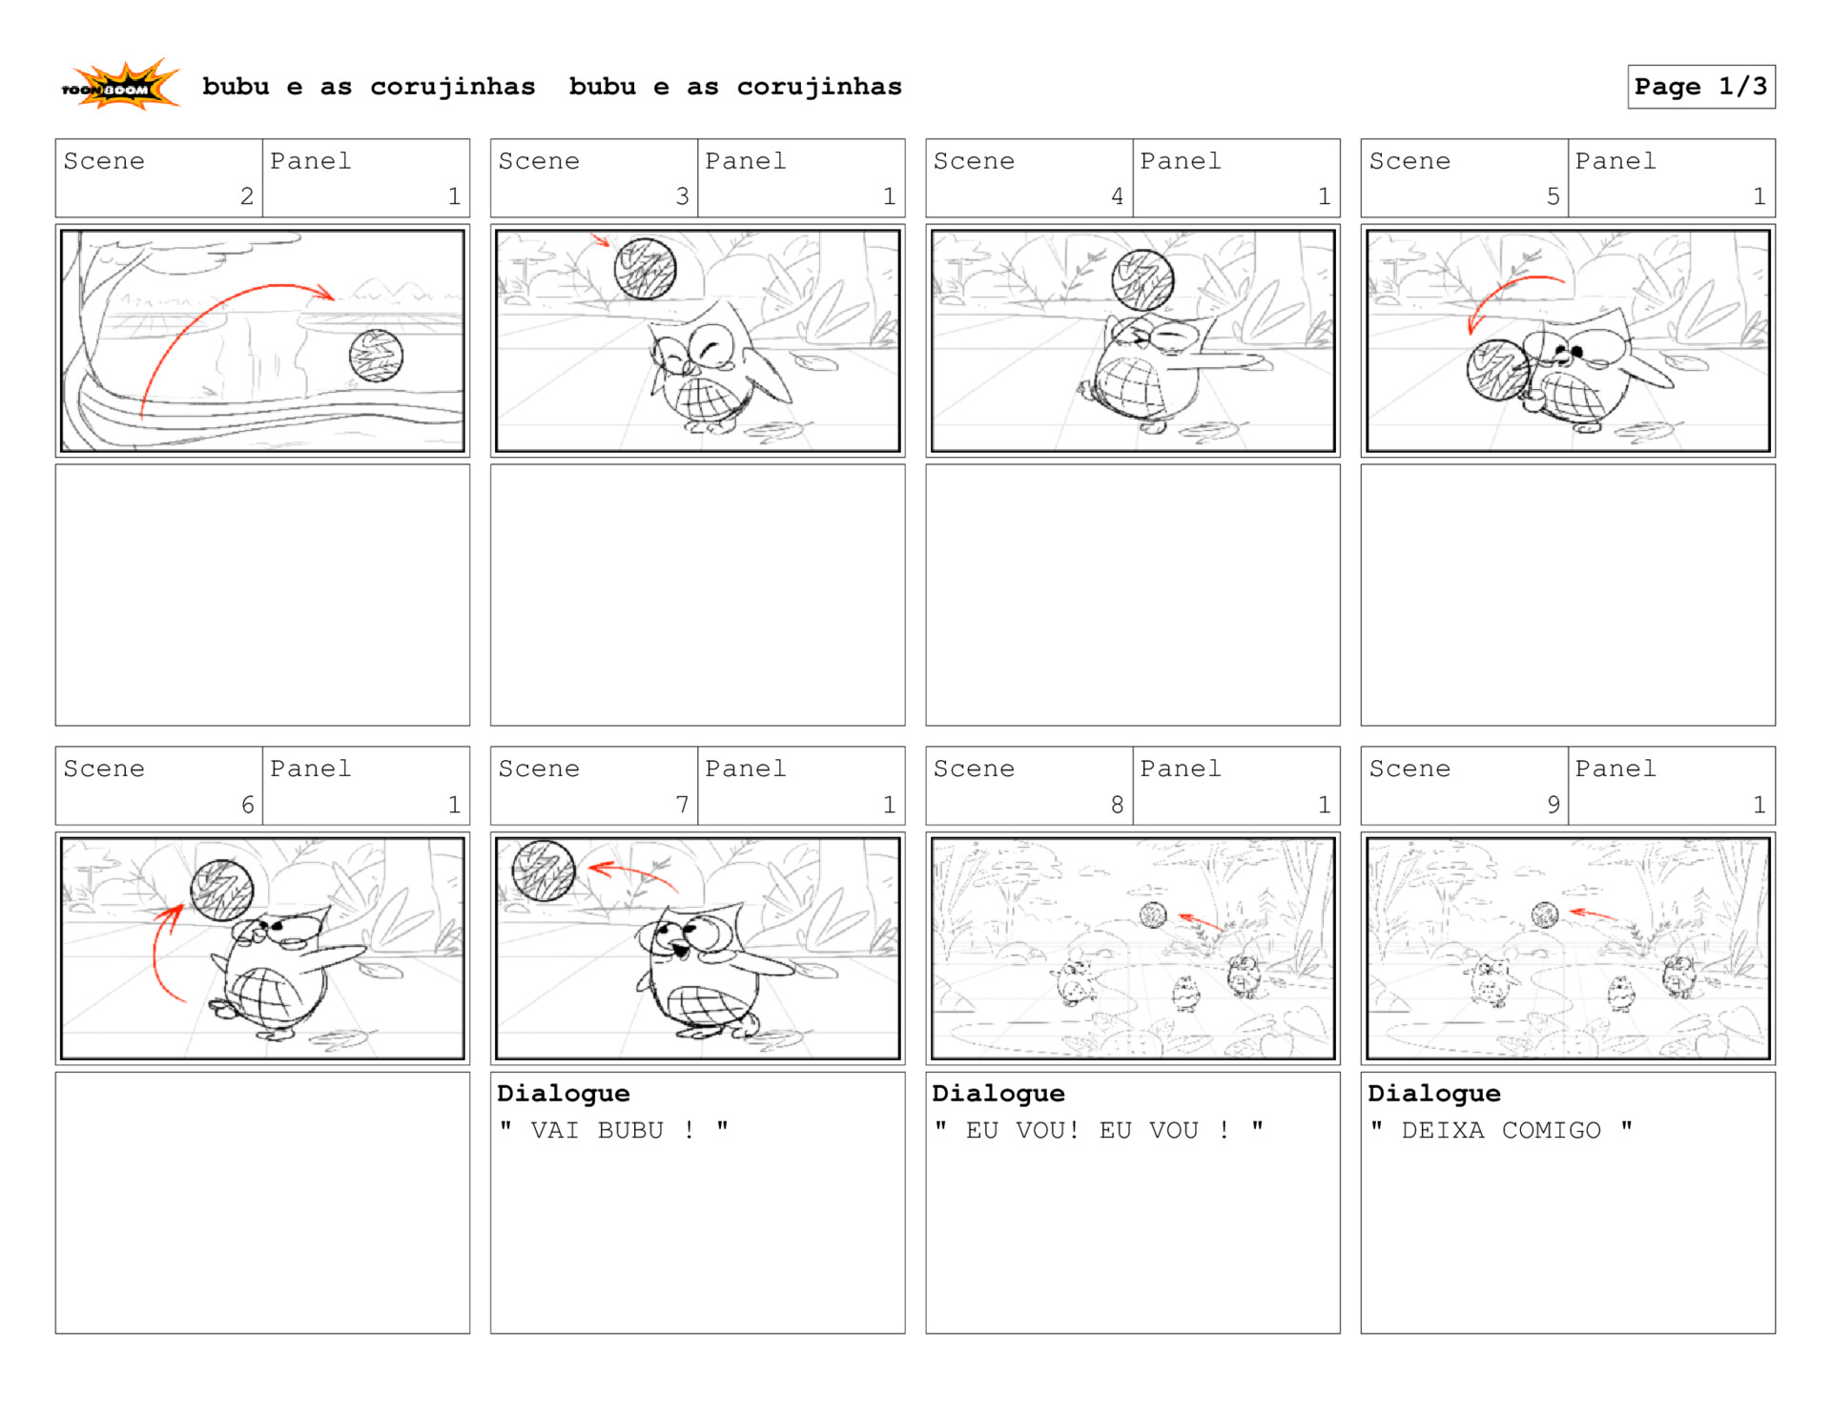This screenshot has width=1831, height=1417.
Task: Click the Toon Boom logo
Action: [120, 86]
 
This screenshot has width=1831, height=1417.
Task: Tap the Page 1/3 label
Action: [1700, 87]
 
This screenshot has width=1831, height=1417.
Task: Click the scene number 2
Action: [247, 196]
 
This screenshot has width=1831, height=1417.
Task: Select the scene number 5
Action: [1553, 196]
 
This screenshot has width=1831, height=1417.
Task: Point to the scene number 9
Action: [1553, 805]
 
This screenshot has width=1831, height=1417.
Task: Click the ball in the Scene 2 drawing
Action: [376, 356]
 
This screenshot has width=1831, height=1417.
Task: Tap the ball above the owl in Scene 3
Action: [646, 269]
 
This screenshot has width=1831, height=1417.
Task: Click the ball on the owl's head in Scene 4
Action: [1142, 279]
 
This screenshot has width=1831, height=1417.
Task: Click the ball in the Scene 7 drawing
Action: [544, 871]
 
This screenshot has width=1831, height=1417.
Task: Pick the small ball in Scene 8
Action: [1153, 915]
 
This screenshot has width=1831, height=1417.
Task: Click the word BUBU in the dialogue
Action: [630, 1131]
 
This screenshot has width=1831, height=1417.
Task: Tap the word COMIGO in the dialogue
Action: [1552, 1131]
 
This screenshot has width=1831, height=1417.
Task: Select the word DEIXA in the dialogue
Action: [1443, 1131]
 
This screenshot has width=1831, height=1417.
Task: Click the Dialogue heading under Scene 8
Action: [998, 1094]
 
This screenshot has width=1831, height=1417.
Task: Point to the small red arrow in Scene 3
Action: [600, 240]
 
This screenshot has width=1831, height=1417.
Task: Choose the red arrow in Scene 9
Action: [1593, 914]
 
